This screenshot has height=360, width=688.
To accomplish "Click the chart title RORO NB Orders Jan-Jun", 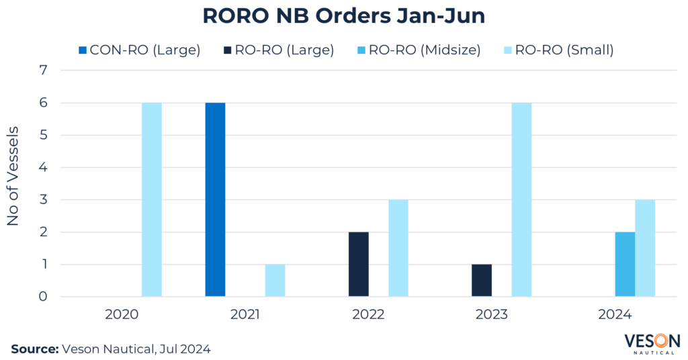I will [x=344, y=16].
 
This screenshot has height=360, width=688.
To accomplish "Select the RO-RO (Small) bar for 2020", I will [x=152, y=199].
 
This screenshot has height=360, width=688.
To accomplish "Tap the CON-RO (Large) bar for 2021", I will [x=215, y=199].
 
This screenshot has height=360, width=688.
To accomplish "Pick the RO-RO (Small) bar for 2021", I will [x=275, y=281].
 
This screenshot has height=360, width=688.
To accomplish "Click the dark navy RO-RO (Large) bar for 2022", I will [x=359, y=265].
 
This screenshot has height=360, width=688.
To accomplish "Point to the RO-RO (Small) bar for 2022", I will [x=398, y=249].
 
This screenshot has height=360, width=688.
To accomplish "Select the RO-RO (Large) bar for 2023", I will [x=481, y=281].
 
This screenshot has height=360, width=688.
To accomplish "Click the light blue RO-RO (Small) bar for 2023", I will [x=521, y=199].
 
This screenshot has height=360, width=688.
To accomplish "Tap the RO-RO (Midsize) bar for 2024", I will [x=625, y=265].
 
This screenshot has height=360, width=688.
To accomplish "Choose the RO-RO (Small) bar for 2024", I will [x=645, y=249].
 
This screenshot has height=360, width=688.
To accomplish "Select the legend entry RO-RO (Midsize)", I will [x=427, y=50].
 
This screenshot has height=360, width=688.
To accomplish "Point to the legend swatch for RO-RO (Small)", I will [x=509, y=50].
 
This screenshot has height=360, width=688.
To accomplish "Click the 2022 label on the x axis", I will [x=368, y=314].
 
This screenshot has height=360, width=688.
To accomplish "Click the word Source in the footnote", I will [x=34, y=349].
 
